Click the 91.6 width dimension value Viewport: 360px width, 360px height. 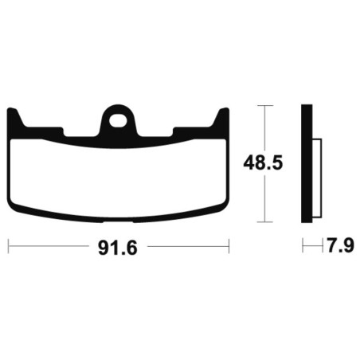[118, 248]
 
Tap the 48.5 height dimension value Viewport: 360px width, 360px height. [263, 163]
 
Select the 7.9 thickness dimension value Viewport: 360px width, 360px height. [340, 245]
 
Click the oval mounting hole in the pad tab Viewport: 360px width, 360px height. [118, 121]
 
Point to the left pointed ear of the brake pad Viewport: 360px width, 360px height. [14, 117]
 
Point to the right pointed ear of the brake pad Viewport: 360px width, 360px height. [222, 117]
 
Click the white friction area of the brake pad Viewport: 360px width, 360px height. [118, 178]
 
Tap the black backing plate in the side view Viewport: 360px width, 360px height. [307, 163]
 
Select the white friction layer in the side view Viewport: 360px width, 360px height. [317, 177]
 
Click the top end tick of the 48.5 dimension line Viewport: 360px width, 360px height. [264, 105]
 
